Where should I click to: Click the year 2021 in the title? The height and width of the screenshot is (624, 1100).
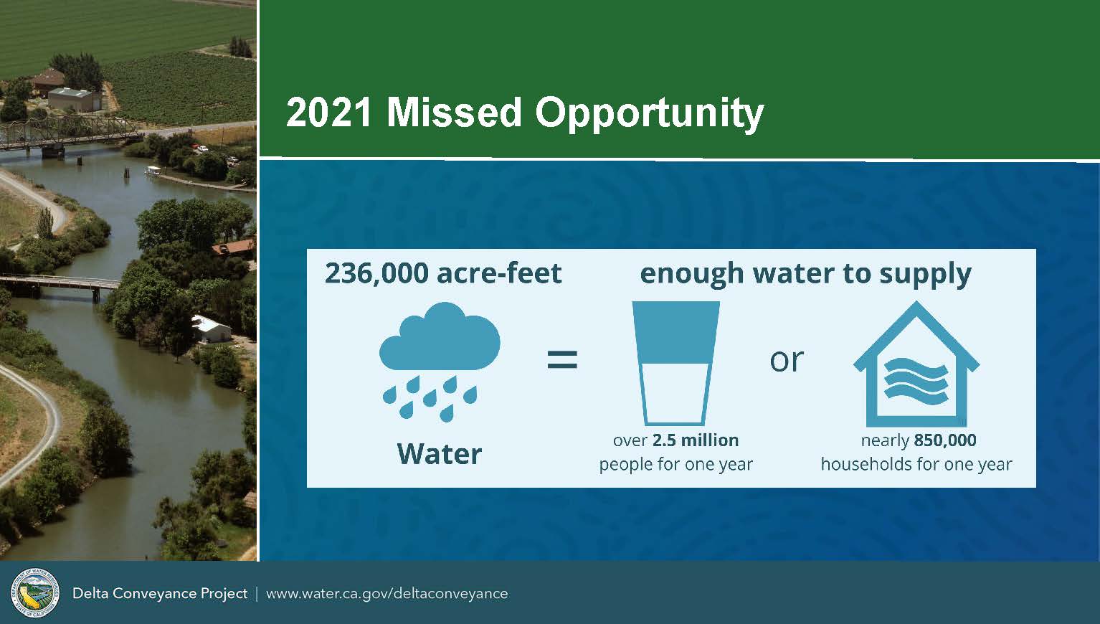click(x=328, y=113)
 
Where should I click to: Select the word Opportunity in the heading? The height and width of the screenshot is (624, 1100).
click(x=649, y=115)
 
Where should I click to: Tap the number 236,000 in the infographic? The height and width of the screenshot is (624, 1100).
click(x=376, y=274)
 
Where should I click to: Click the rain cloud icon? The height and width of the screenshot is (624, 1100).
click(x=440, y=362)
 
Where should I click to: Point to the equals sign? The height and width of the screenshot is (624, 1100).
click(x=562, y=359)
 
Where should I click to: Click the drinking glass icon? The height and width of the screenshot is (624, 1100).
click(x=675, y=363)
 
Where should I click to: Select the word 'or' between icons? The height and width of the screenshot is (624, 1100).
click(x=787, y=361)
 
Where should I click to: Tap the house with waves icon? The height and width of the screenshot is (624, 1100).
click(x=916, y=364)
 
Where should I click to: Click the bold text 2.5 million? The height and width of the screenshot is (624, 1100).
click(x=696, y=440)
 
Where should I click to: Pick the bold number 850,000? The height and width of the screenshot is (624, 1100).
click(x=945, y=440)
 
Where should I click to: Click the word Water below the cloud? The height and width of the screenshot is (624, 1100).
click(x=440, y=454)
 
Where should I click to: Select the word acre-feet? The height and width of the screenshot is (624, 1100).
click(x=499, y=274)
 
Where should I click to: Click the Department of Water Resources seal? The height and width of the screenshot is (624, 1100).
click(x=35, y=592)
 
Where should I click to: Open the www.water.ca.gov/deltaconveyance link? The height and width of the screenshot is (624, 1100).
click(x=387, y=594)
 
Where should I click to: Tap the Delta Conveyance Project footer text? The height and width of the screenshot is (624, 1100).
click(x=160, y=594)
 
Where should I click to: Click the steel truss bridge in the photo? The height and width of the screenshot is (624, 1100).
click(x=69, y=132)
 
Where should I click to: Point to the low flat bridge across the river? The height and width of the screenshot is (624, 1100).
click(x=59, y=284)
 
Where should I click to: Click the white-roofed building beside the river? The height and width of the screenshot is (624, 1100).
click(x=211, y=329)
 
